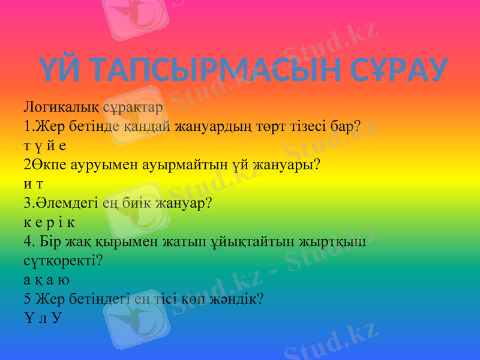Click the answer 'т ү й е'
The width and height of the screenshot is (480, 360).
pyautogui.click(x=46, y=146)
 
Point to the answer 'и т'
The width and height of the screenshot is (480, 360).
pyautogui.click(x=33, y=184)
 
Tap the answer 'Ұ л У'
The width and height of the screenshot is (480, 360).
pyautogui.click(x=42, y=317)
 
